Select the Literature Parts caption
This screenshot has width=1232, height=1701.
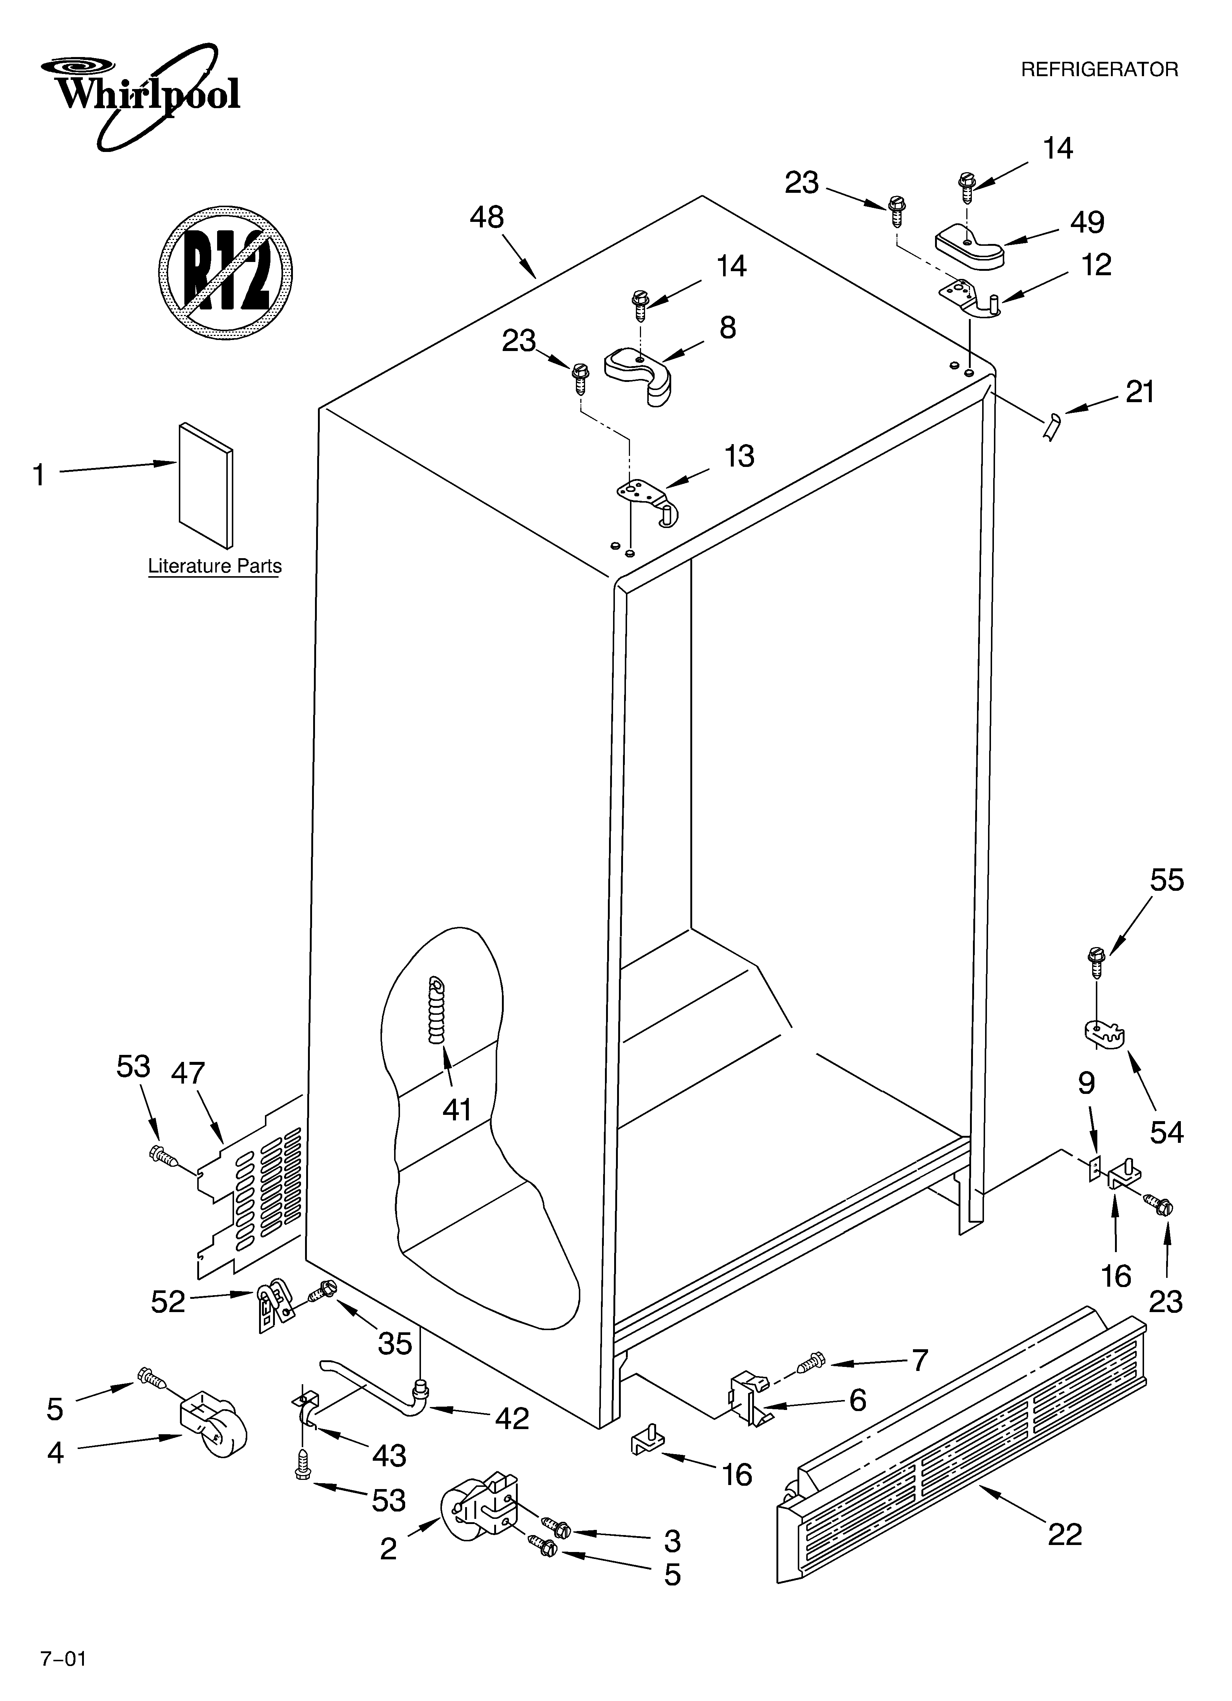coord(215,566)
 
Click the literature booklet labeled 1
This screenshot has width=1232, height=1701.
coord(206,485)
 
